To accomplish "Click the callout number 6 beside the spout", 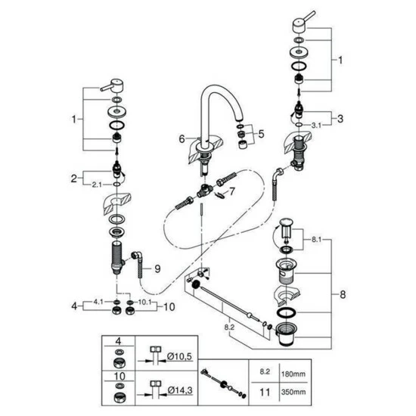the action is (x=182, y=138).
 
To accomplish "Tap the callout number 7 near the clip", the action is (x=232, y=191).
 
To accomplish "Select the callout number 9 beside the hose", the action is (x=157, y=269).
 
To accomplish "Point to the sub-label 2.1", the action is (x=97, y=185).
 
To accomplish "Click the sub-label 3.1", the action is (x=316, y=125).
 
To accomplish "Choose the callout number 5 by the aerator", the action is (x=262, y=134).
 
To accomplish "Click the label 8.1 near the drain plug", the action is (x=316, y=240).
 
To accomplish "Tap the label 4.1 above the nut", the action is (x=98, y=302).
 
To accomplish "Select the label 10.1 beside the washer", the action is (x=145, y=303).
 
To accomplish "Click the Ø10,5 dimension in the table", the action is (x=179, y=356).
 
